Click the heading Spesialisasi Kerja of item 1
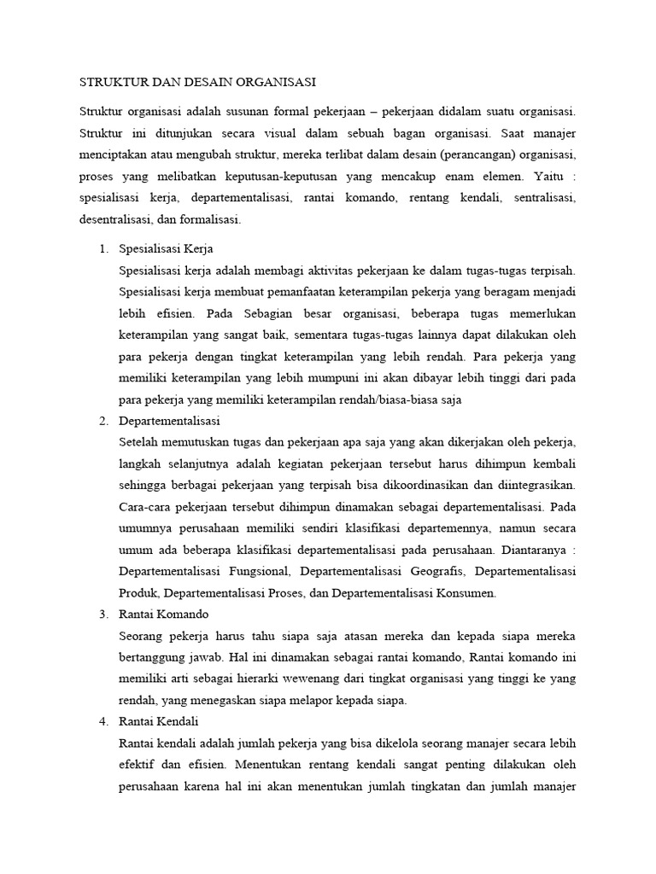(166, 249)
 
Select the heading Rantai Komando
(164, 614)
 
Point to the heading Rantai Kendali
(159, 721)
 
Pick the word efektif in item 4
(138, 765)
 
